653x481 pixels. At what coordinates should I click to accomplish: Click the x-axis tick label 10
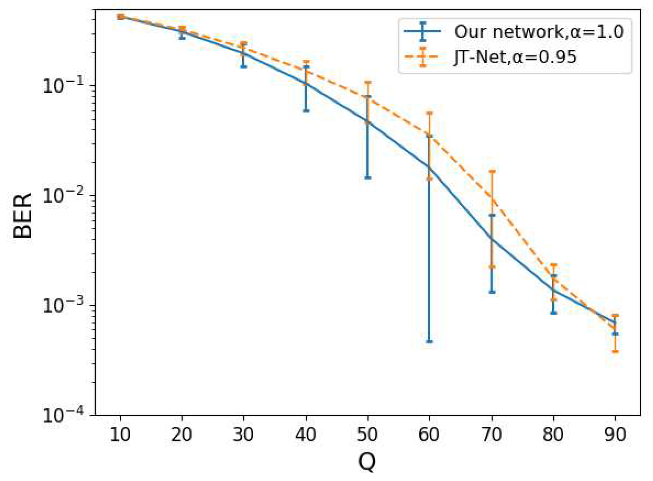pos(120,435)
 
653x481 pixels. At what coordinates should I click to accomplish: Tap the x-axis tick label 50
pos(368,435)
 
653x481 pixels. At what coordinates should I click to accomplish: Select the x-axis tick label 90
pos(615,435)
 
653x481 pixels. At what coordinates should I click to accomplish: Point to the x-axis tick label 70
pos(492,435)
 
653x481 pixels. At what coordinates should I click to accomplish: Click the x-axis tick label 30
pos(244,435)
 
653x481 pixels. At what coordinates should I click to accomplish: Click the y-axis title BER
pos(23,216)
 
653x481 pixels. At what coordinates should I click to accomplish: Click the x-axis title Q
pos(367,462)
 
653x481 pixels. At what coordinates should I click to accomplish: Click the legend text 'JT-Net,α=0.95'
pos(515,57)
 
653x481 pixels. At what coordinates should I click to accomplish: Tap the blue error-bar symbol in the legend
pos(423,32)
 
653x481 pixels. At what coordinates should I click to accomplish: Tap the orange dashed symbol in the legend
pos(423,57)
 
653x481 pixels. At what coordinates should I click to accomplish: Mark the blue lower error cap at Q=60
pos(429,341)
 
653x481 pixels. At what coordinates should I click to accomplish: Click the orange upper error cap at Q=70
pos(492,171)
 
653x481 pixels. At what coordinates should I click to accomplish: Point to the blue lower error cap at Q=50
pos(368,178)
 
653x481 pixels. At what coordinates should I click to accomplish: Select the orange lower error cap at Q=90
pos(615,351)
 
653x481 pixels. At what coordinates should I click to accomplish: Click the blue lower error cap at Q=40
pos(306,111)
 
